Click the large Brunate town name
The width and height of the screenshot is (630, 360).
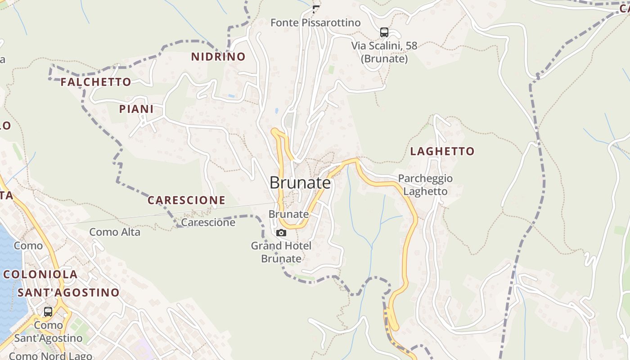300,183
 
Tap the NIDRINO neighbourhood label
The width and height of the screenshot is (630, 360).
218,57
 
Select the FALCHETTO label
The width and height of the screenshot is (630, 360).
96,82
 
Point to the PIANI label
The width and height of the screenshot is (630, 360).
136,109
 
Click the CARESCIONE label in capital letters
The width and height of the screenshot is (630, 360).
186,200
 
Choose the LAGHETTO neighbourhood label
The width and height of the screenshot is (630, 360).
442,151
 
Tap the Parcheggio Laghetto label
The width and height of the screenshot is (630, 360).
425,185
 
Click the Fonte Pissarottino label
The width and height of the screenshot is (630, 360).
315,22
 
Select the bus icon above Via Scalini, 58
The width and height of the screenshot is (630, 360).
384,32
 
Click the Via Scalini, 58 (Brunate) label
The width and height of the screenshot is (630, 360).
384,52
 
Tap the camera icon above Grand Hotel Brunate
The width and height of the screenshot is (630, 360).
281,233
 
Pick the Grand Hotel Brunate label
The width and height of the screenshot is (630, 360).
281,252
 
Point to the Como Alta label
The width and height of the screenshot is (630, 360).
115,232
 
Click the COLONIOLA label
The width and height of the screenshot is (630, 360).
40,274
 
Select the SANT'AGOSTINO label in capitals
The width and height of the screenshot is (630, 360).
68,292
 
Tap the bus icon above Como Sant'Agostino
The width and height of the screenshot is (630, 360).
48,311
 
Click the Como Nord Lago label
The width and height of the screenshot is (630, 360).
50,356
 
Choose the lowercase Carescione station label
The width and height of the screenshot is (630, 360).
208,222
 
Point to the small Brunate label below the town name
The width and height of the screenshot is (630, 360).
288,214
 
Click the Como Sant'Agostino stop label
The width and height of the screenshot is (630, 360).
48,331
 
